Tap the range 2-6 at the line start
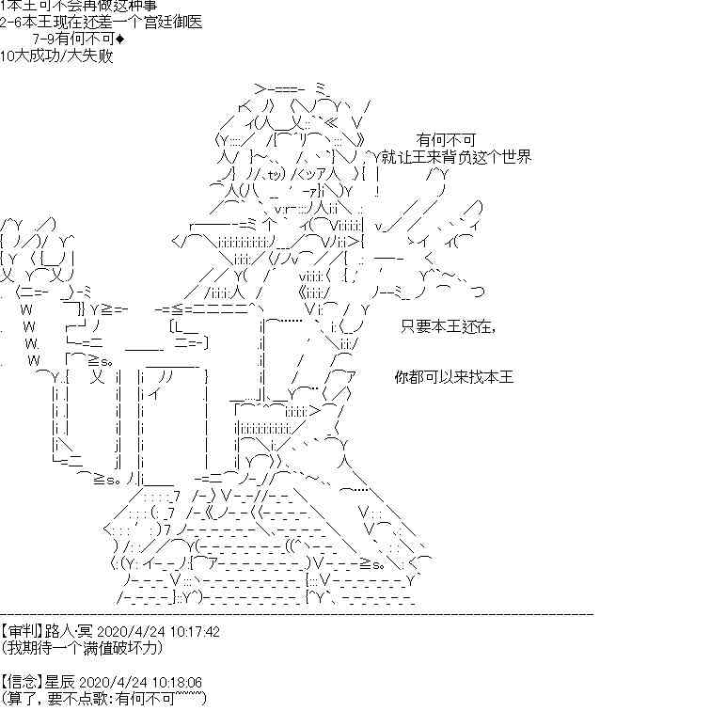[x=14, y=24]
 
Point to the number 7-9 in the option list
[x=43, y=39]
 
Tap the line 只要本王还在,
[x=446, y=326]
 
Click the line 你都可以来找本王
[x=454, y=377]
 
